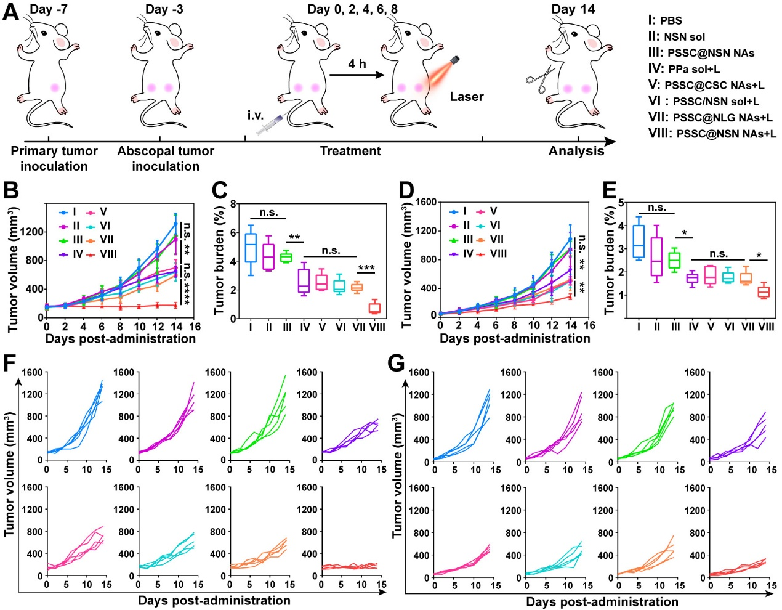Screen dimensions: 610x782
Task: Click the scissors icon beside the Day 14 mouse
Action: click(540, 80)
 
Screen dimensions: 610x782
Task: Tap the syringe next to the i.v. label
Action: click(270, 125)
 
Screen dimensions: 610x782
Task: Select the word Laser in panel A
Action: click(466, 97)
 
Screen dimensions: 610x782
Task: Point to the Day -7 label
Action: click(50, 9)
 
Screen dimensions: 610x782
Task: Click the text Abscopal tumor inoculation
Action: click(166, 158)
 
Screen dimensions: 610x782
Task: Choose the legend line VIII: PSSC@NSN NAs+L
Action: click(712, 134)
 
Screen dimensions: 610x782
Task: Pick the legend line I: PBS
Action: click(665, 20)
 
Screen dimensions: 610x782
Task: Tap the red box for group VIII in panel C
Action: click(374, 308)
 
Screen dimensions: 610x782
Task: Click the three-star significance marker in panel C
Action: click(366, 269)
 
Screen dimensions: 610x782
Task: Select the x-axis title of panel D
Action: click(515, 338)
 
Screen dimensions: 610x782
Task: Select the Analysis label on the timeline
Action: click(576, 151)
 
